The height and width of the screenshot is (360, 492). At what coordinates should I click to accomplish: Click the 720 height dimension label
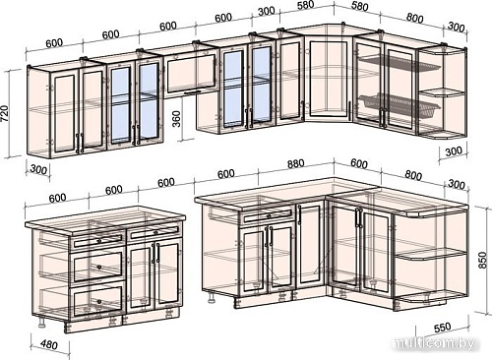[6, 113]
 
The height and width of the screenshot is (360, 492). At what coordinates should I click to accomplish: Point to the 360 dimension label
[176, 118]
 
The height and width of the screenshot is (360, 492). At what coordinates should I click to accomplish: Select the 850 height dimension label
[482, 260]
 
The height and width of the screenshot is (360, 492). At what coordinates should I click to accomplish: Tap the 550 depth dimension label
[443, 327]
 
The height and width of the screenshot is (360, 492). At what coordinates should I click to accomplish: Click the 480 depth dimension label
[50, 344]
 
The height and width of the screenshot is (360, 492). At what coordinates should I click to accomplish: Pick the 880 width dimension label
[295, 164]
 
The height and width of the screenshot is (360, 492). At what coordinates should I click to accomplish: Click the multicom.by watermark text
[435, 343]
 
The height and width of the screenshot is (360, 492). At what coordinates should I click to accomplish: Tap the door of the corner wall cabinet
[329, 78]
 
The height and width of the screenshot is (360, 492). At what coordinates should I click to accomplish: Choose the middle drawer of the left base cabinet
[98, 266]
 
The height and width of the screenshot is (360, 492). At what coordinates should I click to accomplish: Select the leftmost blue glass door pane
[120, 105]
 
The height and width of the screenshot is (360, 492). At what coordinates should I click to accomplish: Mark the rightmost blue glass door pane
[262, 86]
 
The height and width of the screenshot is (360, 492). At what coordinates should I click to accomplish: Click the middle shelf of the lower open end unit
[426, 254]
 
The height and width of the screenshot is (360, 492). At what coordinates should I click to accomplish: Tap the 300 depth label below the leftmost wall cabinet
[38, 169]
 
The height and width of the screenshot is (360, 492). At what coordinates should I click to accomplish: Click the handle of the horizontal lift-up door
[194, 93]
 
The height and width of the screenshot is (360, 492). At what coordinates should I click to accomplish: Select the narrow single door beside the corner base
[310, 244]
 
